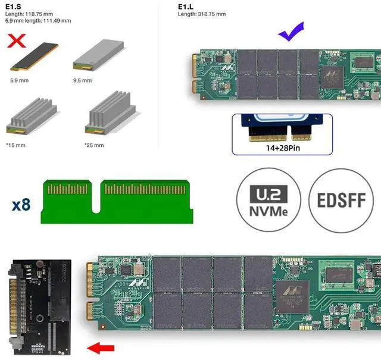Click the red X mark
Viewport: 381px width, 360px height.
pos(16,40)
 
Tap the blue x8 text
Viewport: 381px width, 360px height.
pos(21,205)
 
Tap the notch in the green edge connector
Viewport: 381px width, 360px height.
pos(96,204)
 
